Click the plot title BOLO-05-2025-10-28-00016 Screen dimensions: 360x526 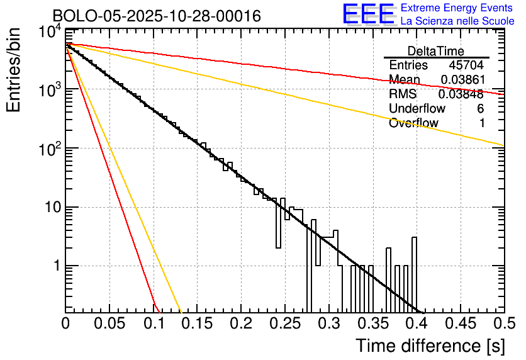(157, 16)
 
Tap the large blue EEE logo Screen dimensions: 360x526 (367, 14)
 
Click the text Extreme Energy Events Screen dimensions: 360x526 (457, 8)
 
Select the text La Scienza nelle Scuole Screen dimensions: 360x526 (457, 21)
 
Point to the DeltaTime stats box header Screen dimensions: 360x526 (435, 51)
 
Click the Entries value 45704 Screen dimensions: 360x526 (466, 65)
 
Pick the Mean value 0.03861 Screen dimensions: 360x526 (462, 80)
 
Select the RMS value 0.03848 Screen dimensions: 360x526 (462, 94)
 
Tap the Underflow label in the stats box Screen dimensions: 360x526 (417, 109)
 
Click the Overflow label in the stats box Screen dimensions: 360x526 (413, 123)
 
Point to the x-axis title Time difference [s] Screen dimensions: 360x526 (429, 346)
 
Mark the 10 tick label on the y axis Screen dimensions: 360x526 (52, 207)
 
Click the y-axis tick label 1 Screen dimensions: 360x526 (57, 266)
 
